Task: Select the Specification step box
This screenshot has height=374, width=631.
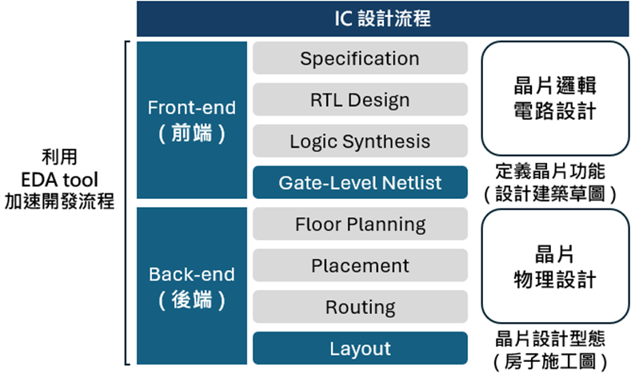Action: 360,58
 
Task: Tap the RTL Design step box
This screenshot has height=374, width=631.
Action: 360,100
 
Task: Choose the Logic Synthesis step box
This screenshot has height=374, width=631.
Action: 360,141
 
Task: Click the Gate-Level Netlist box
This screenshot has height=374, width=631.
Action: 360,183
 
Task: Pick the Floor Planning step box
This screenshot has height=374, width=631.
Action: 360,225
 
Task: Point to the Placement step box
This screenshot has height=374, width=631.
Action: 360,266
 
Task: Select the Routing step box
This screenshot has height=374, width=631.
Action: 360,307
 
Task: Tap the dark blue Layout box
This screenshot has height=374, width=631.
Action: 360,348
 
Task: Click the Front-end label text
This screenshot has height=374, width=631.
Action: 191,108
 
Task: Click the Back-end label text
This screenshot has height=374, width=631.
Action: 191,275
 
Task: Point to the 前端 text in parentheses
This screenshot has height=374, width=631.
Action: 191,133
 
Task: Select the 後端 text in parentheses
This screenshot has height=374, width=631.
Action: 191,300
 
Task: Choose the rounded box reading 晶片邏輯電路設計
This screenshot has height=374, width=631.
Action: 554,98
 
